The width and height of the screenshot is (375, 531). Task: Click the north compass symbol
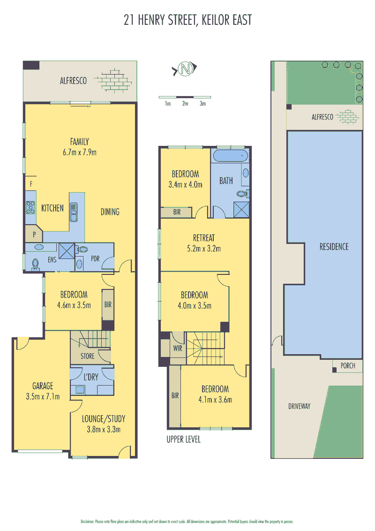coord(185,69)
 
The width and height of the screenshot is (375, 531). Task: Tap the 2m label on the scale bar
coord(185,104)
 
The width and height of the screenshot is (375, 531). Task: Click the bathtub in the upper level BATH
coord(231,156)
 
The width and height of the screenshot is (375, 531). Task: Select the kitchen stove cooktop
coord(30,207)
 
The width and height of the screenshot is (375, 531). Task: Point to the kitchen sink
coord(74,212)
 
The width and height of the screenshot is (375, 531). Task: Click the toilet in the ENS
coord(35,264)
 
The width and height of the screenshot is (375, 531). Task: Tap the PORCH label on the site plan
coord(348,366)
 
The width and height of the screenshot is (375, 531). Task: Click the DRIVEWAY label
coord(299,406)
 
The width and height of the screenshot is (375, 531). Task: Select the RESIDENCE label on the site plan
coord(334,247)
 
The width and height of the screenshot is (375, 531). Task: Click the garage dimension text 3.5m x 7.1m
coord(43,396)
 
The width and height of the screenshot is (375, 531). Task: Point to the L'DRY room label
coord(91,377)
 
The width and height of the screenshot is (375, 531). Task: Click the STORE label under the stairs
coord(87,356)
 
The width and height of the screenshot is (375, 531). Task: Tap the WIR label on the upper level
coord(178,348)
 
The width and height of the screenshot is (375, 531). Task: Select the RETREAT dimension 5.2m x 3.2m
coord(204,249)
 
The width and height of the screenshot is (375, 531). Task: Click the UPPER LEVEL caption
coord(183,440)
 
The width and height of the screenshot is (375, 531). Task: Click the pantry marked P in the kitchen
coord(34,234)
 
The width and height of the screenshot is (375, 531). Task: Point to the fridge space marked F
coord(31,184)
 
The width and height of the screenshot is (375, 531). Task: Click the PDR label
coord(96,259)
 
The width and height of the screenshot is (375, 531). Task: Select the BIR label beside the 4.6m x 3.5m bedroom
coord(108,304)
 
